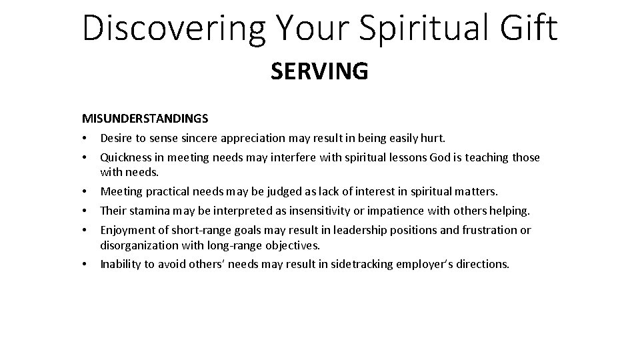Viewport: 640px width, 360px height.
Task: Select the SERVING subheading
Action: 319,71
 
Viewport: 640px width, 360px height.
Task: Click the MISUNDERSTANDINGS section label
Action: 145,119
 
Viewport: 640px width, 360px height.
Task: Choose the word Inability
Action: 121,264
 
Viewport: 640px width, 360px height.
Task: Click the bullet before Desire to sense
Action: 86,139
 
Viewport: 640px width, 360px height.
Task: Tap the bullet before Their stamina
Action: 86,212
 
